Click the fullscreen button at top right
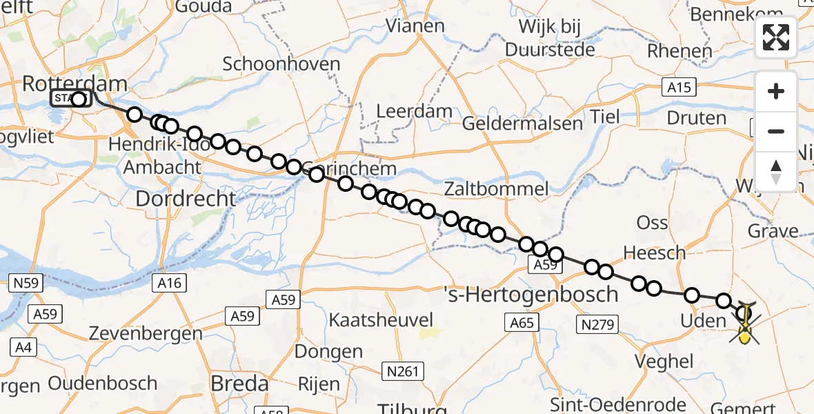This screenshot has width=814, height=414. (776, 37)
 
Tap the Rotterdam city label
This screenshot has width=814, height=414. (75, 85)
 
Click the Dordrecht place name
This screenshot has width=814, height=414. (186, 199)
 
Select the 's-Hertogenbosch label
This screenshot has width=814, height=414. (530, 295)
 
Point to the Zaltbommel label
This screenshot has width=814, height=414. (497, 188)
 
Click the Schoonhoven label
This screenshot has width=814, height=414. (281, 64)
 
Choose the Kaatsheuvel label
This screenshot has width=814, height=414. (381, 320)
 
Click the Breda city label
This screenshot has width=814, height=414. (239, 383)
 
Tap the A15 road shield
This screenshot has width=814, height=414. (679, 87)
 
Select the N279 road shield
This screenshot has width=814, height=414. (599, 324)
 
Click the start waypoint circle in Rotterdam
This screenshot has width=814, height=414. (79, 99)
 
